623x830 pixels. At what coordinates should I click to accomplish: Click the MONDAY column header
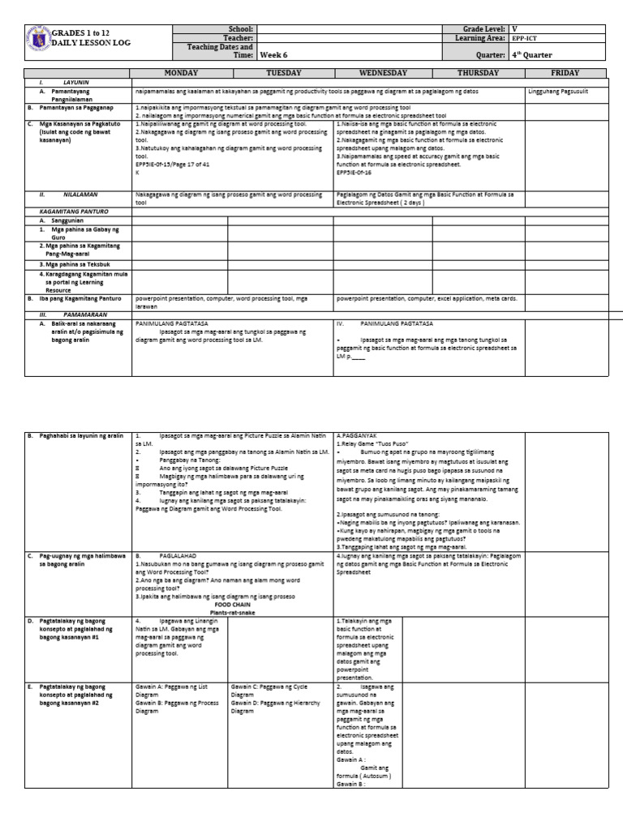pyautogui.click(x=180, y=72)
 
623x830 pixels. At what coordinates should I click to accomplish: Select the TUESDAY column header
pyautogui.click(x=281, y=72)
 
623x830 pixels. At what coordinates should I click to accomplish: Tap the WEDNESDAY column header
pyautogui.click(x=383, y=72)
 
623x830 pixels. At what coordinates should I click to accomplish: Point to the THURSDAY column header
pyautogui.click(x=478, y=72)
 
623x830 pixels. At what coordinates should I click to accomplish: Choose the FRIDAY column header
pyautogui.click(x=565, y=72)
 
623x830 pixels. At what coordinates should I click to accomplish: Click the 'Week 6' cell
pyautogui.click(x=272, y=56)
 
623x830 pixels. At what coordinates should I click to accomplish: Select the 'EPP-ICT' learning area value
pyautogui.click(x=523, y=38)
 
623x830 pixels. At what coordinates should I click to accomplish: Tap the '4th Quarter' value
pyautogui.click(x=531, y=56)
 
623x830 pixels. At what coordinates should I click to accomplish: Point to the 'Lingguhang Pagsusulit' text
pyautogui.click(x=558, y=92)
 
